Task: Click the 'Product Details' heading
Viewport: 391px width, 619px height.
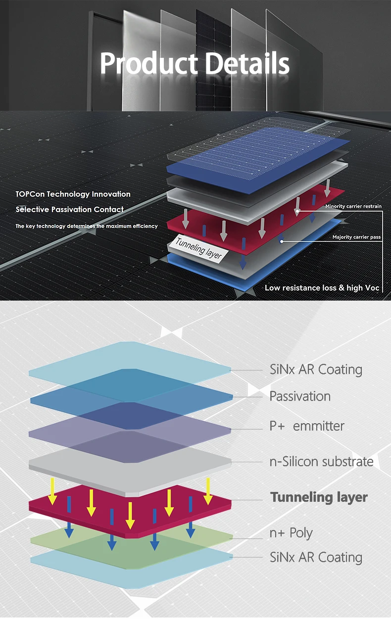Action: click(x=195, y=63)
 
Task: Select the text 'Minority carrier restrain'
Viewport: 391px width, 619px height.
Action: click(x=353, y=206)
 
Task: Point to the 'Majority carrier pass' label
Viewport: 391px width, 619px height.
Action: click(x=356, y=237)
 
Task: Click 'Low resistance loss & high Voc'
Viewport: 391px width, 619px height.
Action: click(x=322, y=288)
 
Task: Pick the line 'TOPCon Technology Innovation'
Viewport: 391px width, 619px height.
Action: click(x=73, y=194)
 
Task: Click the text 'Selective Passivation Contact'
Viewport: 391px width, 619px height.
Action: click(x=70, y=210)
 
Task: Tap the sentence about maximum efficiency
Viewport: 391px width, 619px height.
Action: click(x=87, y=226)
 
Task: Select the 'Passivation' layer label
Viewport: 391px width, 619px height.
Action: click(x=300, y=396)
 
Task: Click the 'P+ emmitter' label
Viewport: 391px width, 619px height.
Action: click(x=307, y=426)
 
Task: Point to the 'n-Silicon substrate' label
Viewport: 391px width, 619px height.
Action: click(x=321, y=461)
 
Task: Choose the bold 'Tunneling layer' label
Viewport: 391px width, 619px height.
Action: click(x=319, y=497)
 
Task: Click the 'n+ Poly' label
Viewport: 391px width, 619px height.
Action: click(x=291, y=533)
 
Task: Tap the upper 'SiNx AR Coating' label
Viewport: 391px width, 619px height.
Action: click(x=316, y=369)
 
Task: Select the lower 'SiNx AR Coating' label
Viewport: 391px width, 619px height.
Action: click(x=316, y=557)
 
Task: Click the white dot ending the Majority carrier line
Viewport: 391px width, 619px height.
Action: click(x=282, y=242)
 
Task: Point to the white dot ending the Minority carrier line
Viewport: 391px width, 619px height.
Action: click(x=297, y=212)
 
